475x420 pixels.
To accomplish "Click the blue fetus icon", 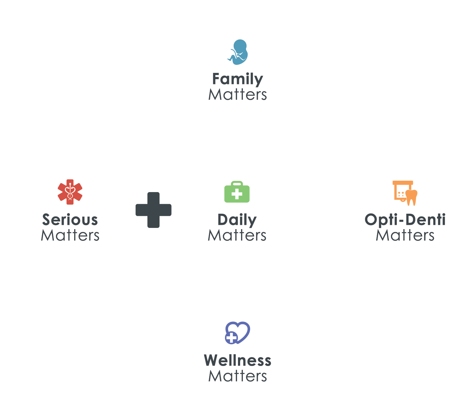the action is [238, 52].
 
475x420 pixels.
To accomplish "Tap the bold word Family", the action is [237, 79].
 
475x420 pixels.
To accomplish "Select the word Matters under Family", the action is [237, 94].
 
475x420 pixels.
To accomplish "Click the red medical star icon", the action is [70, 192].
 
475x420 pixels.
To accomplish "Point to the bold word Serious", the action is [70, 220].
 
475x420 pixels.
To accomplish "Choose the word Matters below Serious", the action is [70, 235].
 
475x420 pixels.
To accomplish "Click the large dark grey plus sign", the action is [153, 210].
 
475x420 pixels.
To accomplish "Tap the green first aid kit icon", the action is [237, 191].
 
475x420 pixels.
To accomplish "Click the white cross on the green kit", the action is [237, 194].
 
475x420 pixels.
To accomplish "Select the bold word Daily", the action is [237, 220].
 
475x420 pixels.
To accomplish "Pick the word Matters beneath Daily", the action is [237, 235].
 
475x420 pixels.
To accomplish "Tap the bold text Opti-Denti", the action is [405, 220].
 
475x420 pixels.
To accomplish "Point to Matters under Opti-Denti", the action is [405, 235].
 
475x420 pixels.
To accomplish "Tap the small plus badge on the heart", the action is [231, 338].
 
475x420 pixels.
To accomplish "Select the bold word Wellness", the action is [237, 360].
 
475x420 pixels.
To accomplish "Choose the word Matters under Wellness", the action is [237, 376].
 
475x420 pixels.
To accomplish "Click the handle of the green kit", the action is [237, 183].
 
